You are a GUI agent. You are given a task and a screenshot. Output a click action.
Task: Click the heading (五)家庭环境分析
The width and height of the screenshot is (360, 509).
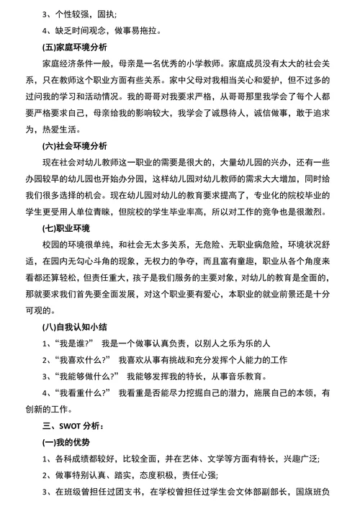(75, 48)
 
